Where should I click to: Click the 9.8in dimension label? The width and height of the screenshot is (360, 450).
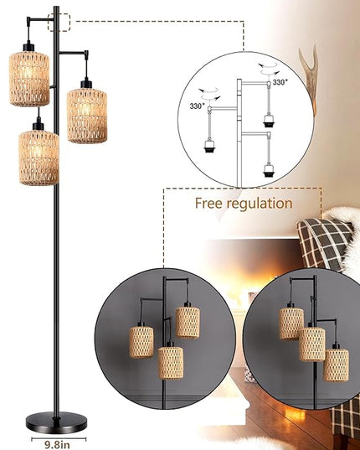click(x=57, y=444)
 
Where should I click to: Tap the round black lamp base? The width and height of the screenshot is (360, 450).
click(x=56, y=422)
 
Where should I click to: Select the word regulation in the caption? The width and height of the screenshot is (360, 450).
click(x=260, y=204)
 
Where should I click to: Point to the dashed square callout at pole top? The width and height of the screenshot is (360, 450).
click(x=59, y=22)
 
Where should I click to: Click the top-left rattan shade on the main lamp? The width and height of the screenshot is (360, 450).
click(x=29, y=79)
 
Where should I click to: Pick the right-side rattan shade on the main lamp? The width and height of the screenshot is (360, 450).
click(x=87, y=116)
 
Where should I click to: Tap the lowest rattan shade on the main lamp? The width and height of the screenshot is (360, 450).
click(x=39, y=158)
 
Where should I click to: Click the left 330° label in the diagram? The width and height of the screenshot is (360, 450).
click(x=198, y=106)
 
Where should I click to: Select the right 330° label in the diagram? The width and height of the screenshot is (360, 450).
click(x=280, y=83)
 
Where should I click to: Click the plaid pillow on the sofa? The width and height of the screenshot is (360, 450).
click(x=324, y=243)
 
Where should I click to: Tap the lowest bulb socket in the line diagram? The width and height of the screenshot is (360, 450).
click(x=269, y=170)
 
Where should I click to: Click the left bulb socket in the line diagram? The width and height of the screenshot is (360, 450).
click(x=209, y=146)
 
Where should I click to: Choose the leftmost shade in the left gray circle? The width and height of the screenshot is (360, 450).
click(x=141, y=342)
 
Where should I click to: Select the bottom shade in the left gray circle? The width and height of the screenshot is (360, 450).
click(x=171, y=363)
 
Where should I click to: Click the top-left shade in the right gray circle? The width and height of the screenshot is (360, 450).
click(x=291, y=323)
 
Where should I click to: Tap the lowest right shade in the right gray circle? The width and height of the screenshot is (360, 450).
click(x=337, y=365)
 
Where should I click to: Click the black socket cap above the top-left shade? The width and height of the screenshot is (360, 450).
click(x=28, y=46)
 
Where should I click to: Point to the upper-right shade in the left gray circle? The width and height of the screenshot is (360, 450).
click(x=188, y=323)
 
